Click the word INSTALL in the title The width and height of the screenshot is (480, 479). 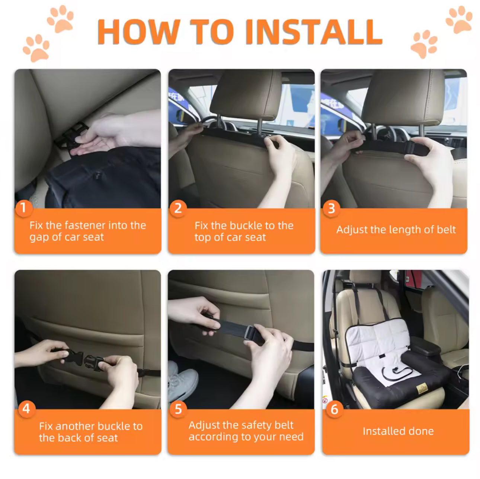(314, 32)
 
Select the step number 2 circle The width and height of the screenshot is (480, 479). (178, 208)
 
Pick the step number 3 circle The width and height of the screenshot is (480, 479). (331, 208)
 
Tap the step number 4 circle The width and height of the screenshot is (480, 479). (26, 409)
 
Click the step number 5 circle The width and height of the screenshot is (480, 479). (178, 409)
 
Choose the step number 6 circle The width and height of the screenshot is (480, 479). (334, 409)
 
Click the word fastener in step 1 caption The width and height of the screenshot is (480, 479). (88, 225)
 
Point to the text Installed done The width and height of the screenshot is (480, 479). (398, 431)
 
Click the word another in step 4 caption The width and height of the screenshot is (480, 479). (78, 426)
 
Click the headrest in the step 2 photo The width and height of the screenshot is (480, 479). (246, 95)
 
